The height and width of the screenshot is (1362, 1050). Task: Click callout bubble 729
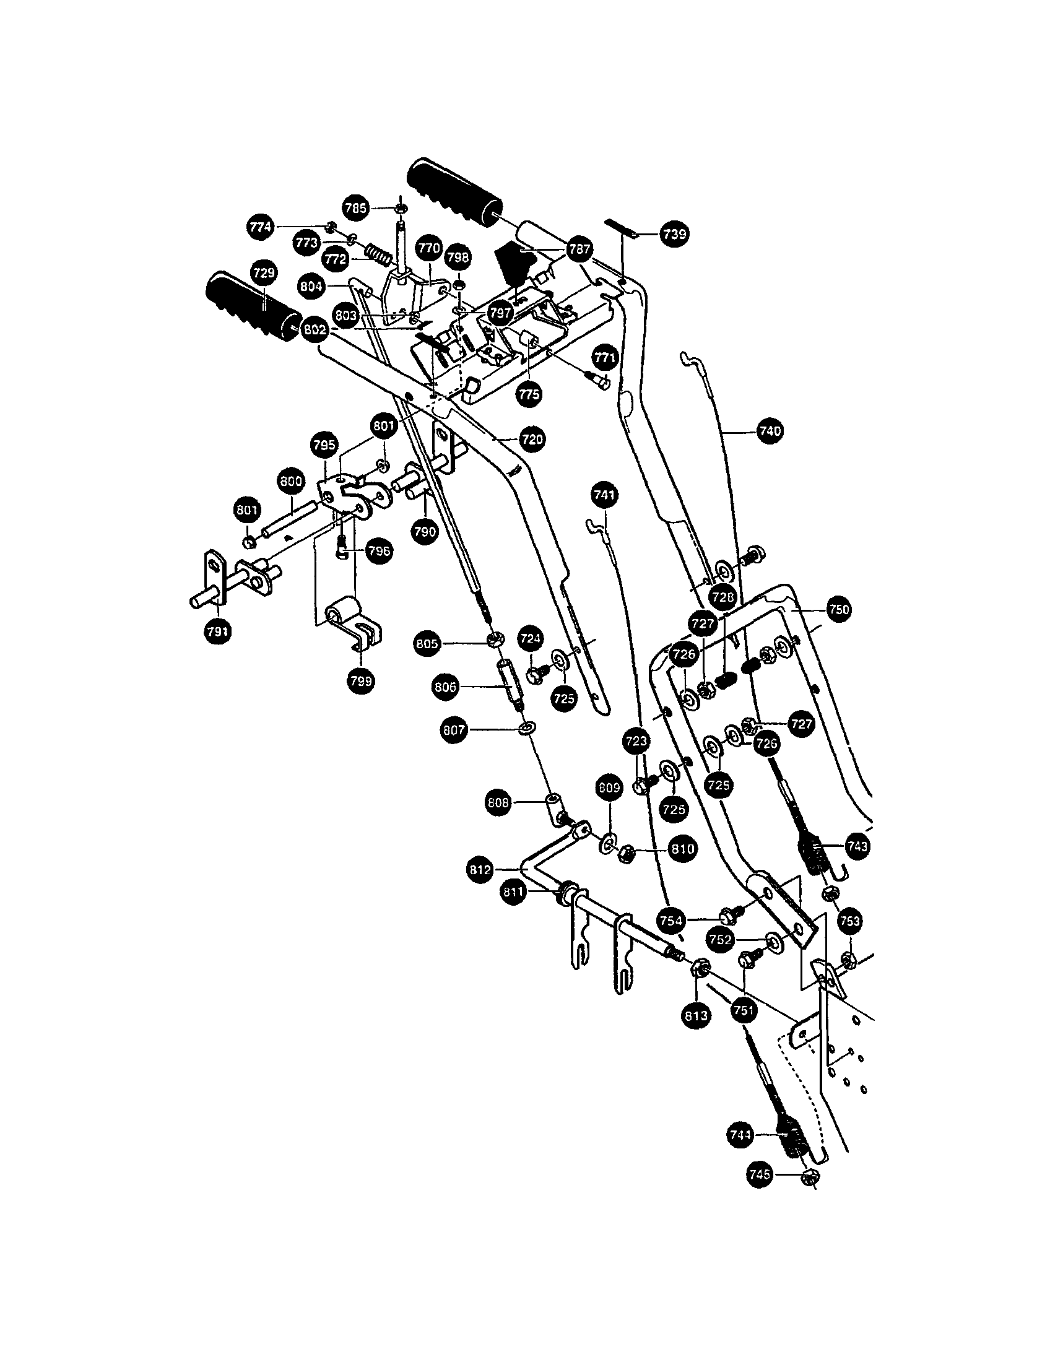click(x=265, y=273)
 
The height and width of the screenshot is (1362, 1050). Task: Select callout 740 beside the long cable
click(x=770, y=431)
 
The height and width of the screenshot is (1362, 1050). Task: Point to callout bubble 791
click(x=217, y=631)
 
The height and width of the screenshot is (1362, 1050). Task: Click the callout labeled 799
click(x=361, y=680)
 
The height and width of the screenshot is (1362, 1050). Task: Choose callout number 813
click(x=696, y=1015)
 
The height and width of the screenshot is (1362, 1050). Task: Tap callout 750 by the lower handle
click(x=840, y=609)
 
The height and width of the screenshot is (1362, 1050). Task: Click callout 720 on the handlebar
click(x=532, y=439)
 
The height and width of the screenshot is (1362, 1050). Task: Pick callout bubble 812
click(x=480, y=869)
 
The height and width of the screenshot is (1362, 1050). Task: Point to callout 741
click(x=604, y=495)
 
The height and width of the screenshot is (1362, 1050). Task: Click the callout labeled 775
click(x=529, y=394)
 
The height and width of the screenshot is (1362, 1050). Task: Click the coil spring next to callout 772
click(x=378, y=254)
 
